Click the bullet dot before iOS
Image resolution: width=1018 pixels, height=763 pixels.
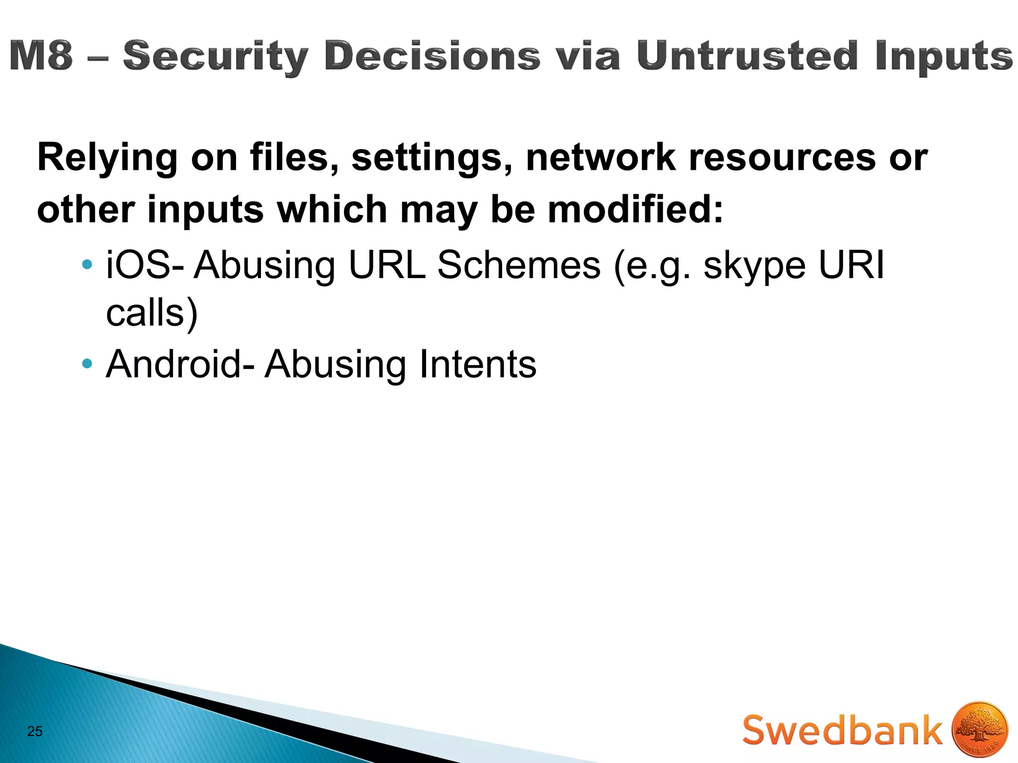[x=87, y=264]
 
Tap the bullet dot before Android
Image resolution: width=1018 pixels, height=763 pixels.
[x=87, y=364]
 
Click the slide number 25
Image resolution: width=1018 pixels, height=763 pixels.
[x=35, y=731]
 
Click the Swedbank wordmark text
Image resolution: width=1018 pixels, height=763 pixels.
[x=842, y=730]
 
